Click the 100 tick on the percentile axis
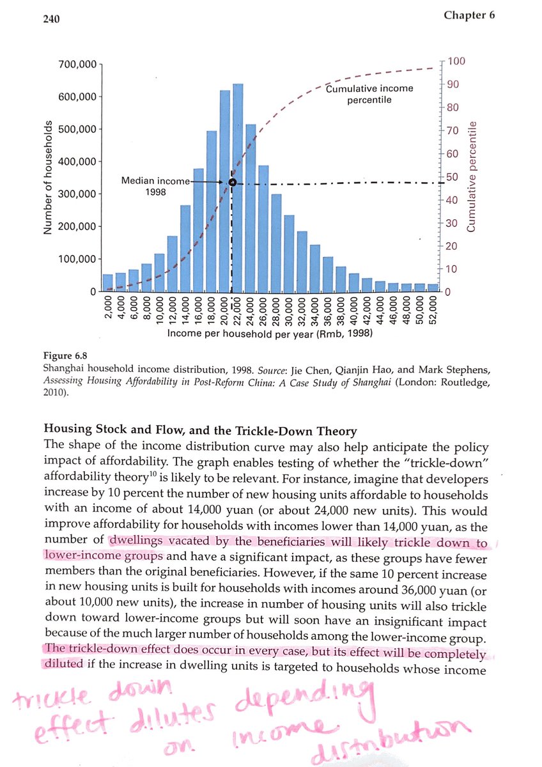coord(457,61)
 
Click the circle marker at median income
coord(232,183)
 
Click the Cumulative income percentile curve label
coord(369,94)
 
